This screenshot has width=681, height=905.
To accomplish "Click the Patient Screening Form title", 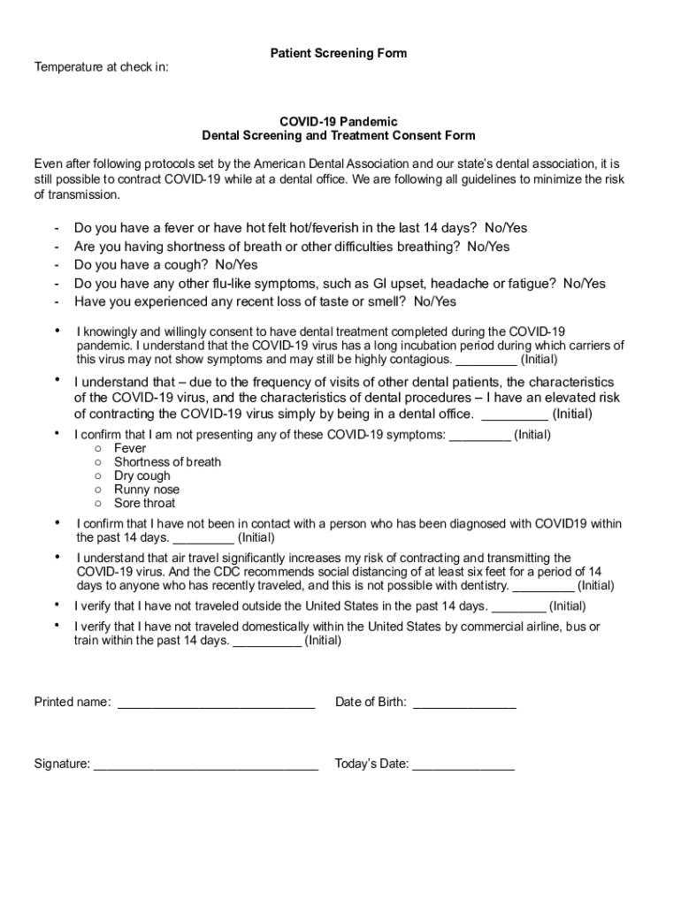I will [x=339, y=53].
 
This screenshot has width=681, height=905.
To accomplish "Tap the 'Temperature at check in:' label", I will [x=102, y=67].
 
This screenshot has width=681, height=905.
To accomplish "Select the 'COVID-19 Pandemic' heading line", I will [x=339, y=121].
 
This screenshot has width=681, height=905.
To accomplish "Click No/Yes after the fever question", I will [x=505, y=228].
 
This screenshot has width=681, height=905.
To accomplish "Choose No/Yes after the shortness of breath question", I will [x=488, y=247].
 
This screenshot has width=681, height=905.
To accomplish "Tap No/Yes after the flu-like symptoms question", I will [x=584, y=284].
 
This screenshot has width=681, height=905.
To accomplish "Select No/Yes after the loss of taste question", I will [x=435, y=302].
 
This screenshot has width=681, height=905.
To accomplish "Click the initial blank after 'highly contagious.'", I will [x=486, y=361].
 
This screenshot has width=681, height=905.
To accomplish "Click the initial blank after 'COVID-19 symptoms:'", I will [x=480, y=435].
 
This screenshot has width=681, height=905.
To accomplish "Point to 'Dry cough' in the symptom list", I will [x=142, y=475].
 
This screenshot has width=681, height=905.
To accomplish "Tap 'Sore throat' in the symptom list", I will [x=145, y=503].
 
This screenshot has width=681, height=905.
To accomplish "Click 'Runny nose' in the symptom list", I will [x=147, y=490].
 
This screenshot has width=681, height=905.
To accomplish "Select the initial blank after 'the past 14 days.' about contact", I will [x=203, y=537].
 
